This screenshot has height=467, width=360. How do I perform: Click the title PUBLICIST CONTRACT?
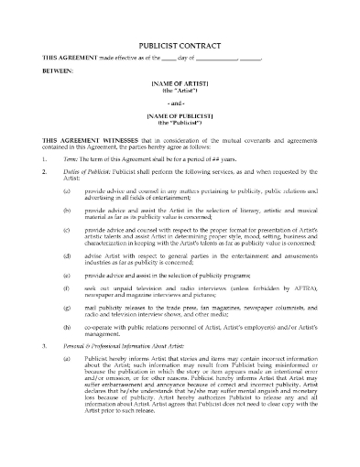tap(180, 43)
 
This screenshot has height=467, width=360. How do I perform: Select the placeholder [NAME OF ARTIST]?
tap(180, 83)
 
